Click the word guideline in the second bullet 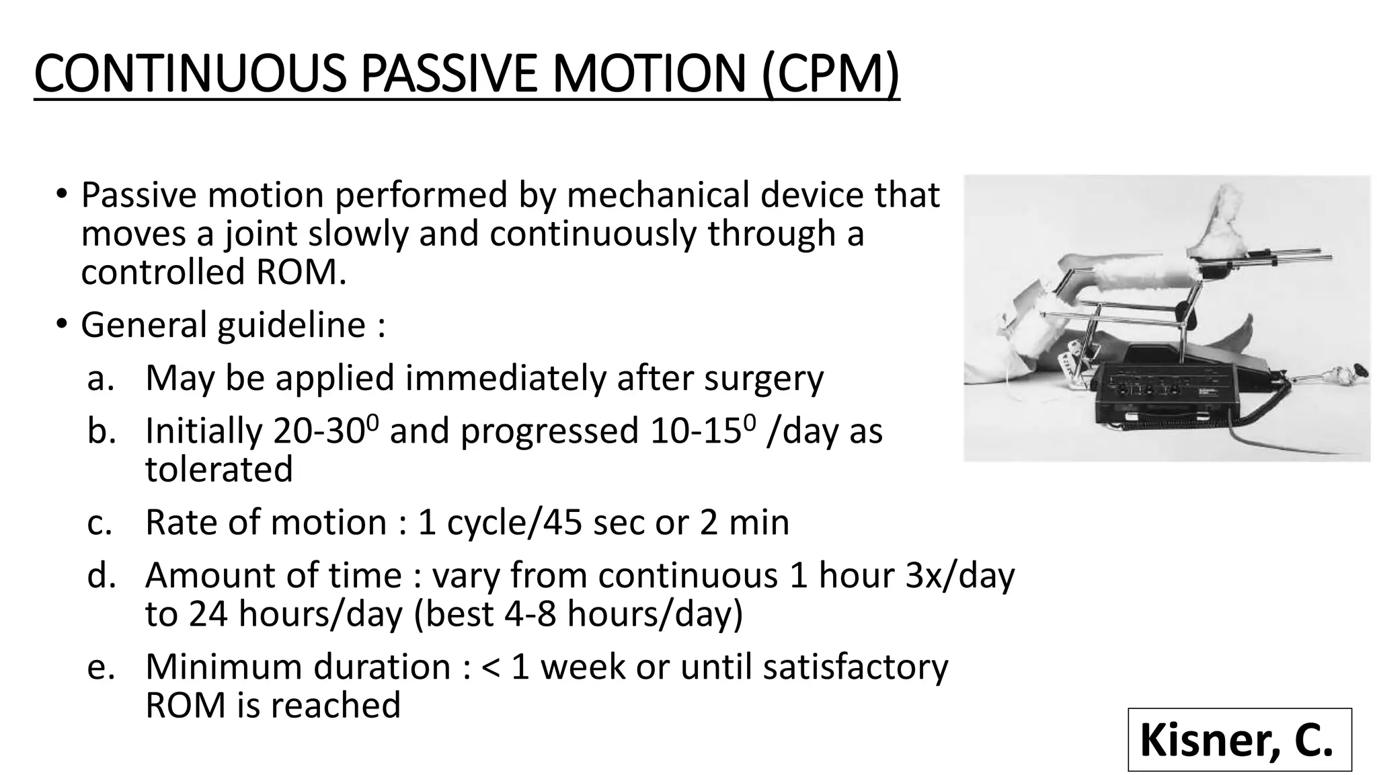click(291, 325)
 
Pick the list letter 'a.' click(101, 378)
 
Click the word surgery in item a click(763, 378)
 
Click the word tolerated click(219, 470)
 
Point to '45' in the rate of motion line click(562, 522)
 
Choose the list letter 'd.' click(102, 575)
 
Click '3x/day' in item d click(959, 575)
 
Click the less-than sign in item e click(491, 667)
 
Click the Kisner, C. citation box click(1238, 739)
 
